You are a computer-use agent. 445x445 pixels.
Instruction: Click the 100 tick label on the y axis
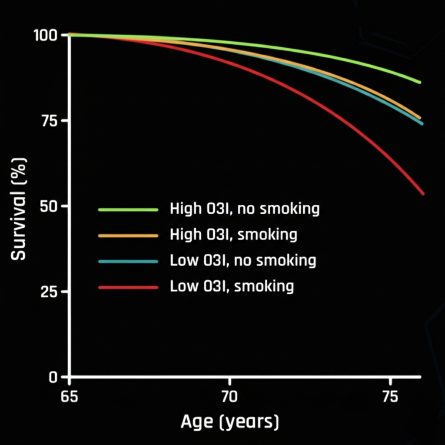(x=46, y=35)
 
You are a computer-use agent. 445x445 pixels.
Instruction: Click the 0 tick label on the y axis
(x=53, y=377)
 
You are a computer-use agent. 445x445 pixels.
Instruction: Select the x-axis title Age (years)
(x=229, y=422)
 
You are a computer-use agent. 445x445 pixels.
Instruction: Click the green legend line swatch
(x=128, y=210)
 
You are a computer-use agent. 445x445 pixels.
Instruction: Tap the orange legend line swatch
(x=128, y=236)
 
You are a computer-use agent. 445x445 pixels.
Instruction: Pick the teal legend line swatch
(x=128, y=261)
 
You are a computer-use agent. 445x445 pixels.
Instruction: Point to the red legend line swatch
(x=128, y=287)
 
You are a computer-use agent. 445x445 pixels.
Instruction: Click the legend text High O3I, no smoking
(x=245, y=209)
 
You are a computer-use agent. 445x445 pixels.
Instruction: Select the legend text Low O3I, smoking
(x=232, y=286)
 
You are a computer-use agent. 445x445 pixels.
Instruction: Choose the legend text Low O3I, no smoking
(x=242, y=261)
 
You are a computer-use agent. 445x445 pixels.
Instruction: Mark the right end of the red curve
(x=423, y=193)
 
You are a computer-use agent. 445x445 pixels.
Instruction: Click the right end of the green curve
(x=420, y=82)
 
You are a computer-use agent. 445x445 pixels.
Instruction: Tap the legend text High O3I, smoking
(x=233, y=235)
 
